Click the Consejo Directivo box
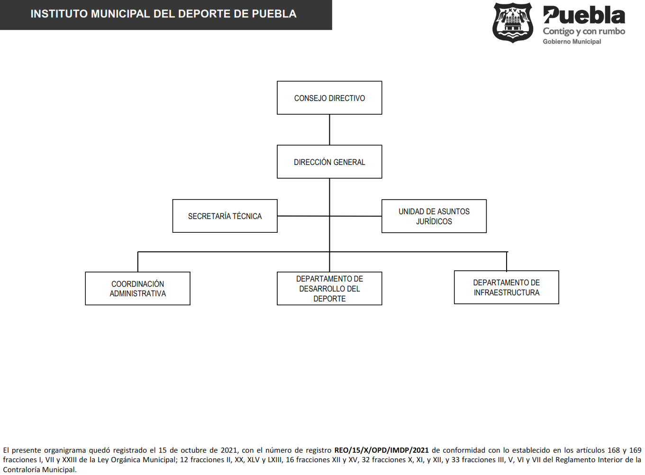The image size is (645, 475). coord(329,98)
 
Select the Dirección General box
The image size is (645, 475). coord(329,162)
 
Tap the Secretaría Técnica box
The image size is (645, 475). coord(225,216)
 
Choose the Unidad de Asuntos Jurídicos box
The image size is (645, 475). coord(434,216)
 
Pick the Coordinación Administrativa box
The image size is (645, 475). coord(137,288)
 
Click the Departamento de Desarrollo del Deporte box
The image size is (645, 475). coord(329,288)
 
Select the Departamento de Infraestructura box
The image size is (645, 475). coord(507,287)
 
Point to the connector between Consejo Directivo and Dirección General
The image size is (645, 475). coord(329,129)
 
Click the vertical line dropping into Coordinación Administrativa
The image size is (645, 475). coord(137,262)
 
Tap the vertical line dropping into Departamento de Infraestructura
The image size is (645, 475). coord(507,261)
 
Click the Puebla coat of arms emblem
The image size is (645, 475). coord(513,22)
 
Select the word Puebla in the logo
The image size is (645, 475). coord(584,15)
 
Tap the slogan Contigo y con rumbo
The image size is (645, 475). coord(584,31)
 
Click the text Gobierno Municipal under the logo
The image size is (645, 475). coord(572,42)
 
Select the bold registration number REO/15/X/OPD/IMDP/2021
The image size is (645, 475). coord(381,450)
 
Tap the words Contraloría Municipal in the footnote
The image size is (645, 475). coord(39,470)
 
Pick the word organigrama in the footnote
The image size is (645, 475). coord(65,451)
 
